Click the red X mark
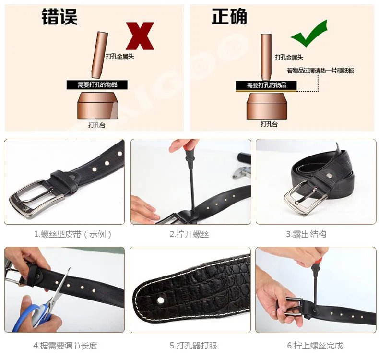pyautogui.click(x=140, y=36)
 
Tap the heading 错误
pyautogui.click(x=59, y=17)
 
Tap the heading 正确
pyautogui.click(x=229, y=17)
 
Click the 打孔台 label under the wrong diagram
pyautogui.click(x=96, y=124)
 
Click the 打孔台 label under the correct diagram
pyautogui.click(x=269, y=124)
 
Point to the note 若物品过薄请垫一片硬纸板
pyautogui.click(x=320, y=71)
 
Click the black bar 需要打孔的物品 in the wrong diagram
pyautogui.click(x=97, y=85)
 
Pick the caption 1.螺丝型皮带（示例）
pyautogui.click(x=72, y=234)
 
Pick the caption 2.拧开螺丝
pyautogui.click(x=189, y=234)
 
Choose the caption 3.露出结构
pyautogui.click(x=306, y=234)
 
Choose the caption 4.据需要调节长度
pyautogui.click(x=65, y=346)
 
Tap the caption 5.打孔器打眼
pyautogui.click(x=190, y=346)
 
